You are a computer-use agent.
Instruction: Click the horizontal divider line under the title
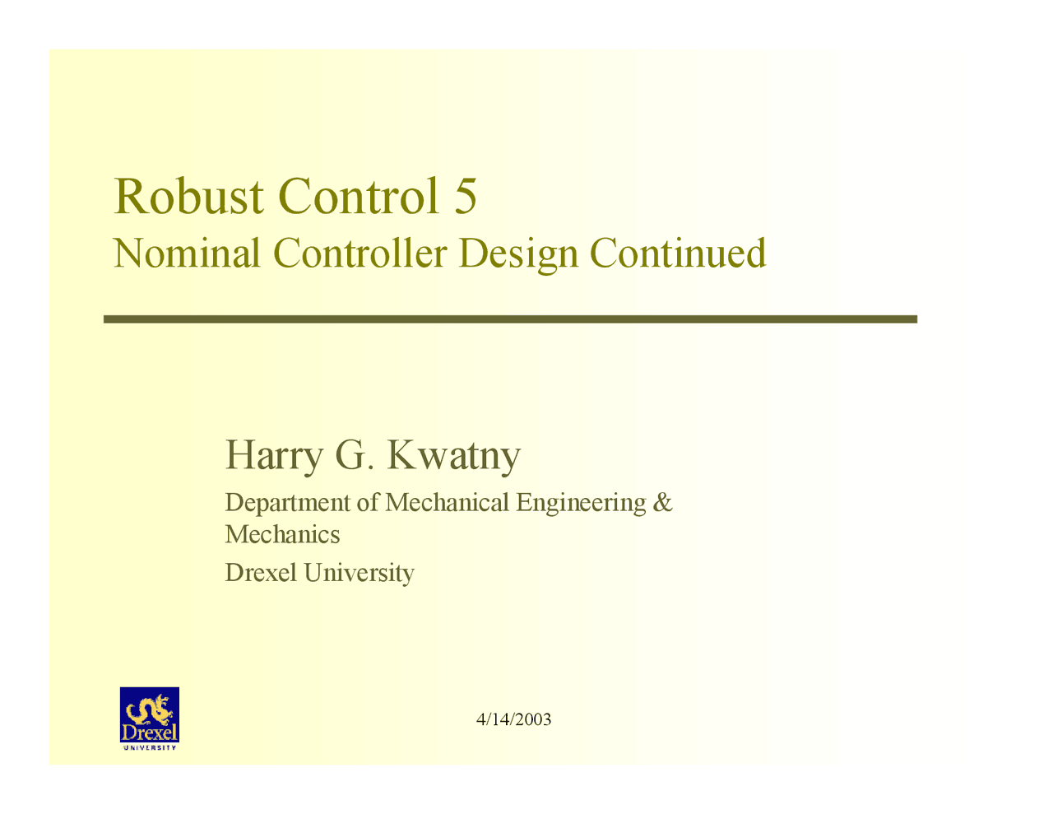[510, 319]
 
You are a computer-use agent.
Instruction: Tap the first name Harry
[273, 455]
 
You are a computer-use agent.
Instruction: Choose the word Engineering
[581, 503]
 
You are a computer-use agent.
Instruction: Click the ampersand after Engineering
[662, 502]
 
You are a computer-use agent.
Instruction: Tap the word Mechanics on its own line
[282, 535]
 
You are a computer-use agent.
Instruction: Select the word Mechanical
[447, 502]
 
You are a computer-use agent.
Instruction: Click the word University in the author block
[359, 573]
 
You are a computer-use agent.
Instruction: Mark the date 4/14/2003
[514, 719]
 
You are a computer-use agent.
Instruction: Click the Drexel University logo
[150, 719]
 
